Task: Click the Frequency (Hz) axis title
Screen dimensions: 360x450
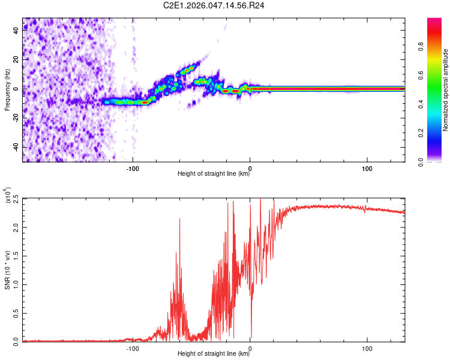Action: pos(7,90)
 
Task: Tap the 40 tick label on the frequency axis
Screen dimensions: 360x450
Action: pos(16,31)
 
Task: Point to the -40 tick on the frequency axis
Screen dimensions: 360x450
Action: pos(16,147)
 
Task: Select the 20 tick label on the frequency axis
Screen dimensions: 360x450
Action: pos(16,59)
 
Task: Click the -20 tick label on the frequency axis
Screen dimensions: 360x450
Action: pos(16,118)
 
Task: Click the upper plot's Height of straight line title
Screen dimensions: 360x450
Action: pos(214,175)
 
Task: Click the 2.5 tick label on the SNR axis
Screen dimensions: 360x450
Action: pos(14,199)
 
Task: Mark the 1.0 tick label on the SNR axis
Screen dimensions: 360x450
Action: pos(14,284)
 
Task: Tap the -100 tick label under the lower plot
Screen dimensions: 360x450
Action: pos(133,349)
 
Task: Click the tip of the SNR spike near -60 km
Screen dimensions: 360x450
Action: pos(179,219)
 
